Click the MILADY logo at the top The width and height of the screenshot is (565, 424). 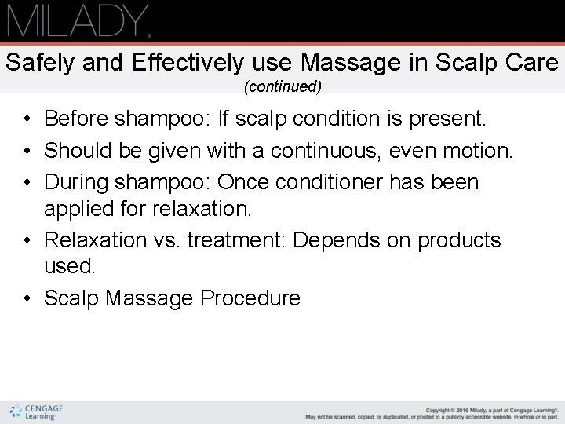pyautogui.click(x=78, y=20)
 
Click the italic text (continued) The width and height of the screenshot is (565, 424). pyautogui.click(x=282, y=86)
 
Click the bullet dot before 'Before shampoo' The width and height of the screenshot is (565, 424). pyautogui.click(x=27, y=119)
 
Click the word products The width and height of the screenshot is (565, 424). pyautogui.click(x=459, y=239)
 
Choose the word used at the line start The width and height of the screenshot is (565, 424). pyautogui.click(x=69, y=266)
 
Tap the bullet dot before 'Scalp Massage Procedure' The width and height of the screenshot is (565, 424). pyautogui.click(x=27, y=298)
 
